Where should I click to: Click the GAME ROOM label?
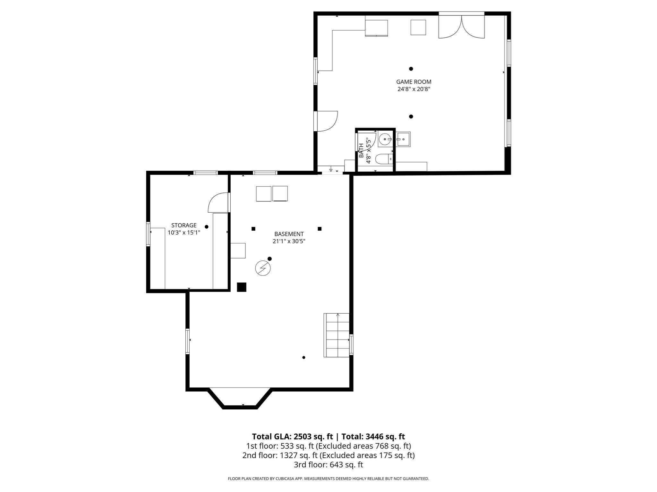coord(414,82)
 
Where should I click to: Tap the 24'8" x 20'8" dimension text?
coord(414,89)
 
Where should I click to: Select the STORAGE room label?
coord(184,225)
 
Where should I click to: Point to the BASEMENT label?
coord(289,234)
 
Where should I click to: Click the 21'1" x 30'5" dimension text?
coord(289,242)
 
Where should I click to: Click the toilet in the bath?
coord(384,159)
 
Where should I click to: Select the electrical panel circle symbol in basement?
coord(263,268)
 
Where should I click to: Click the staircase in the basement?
coord(336,335)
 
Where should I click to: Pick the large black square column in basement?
coord(242,287)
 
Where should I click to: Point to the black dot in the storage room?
coord(207,227)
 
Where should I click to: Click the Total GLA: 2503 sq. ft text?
coord(292,437)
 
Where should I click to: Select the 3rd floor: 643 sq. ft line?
coord(328,464)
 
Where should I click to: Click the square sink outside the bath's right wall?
coord(403,139)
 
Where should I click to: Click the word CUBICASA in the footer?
coord(286,479)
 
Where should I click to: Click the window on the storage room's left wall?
coord(148,234)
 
